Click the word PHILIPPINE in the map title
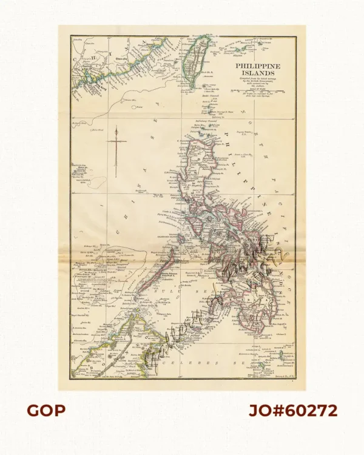click(x=257, y=64)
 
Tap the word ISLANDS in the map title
click(x=257, y=73)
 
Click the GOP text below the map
click(x=45, y=411)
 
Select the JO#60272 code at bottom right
click(x=293, y=411)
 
